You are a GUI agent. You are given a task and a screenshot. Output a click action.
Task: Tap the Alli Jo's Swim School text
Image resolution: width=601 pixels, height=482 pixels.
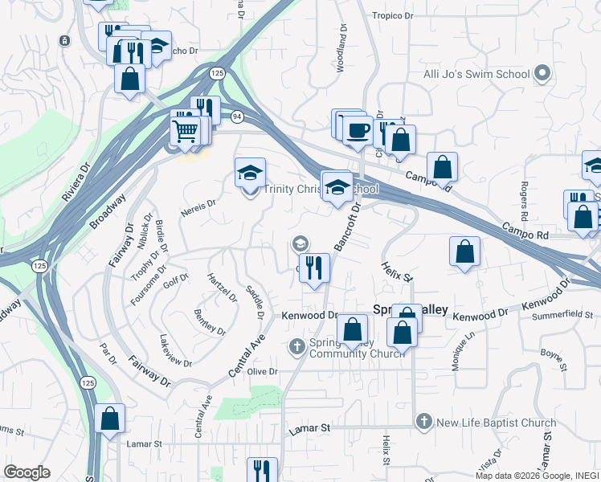(476, 75)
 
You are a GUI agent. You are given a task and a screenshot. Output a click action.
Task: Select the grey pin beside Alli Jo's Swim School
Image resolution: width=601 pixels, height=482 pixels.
(542, 74)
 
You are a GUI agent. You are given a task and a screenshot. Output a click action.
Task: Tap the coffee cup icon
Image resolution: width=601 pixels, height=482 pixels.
(358, 129)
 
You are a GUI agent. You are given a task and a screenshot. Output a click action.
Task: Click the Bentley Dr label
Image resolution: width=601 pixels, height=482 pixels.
(209, 320)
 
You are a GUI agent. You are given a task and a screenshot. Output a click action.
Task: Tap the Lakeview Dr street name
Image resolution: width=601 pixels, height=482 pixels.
(176, 351)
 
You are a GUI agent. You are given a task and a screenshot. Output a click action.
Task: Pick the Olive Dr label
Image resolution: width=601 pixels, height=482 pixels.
(262, 372)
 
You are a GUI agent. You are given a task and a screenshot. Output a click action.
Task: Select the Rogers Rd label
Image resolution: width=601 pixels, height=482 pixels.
(523, 201)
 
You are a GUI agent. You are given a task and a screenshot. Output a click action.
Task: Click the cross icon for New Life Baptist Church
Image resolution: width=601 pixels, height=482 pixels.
(424, 422)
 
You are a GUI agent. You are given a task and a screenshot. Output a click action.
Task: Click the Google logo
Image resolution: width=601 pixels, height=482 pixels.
(27, 472)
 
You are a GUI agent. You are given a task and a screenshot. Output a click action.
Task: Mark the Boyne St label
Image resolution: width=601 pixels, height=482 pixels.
(551, 353)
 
